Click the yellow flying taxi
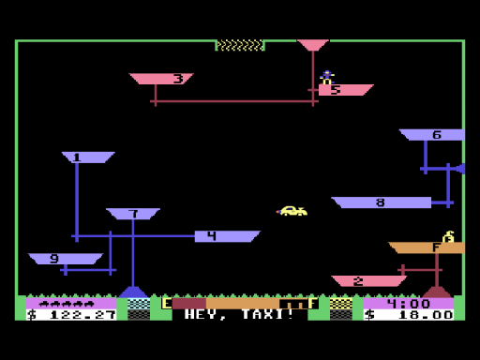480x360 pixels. [292, 211]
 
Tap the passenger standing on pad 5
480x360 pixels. [326, 78]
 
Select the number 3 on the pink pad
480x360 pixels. [178, 79]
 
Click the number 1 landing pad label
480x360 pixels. [77, 157]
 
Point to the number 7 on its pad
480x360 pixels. [134, 214]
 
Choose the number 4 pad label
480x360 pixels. [212, 236]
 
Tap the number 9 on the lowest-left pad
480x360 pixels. [54, 259]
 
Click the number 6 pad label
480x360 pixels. [437, 135]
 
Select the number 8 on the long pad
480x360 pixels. [381, 202]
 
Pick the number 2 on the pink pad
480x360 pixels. [358, 281]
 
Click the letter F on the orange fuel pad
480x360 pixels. [436, 247]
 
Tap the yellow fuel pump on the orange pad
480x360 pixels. [448, 236]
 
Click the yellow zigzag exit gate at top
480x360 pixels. [240, 45]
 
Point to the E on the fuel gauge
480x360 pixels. [167, 303]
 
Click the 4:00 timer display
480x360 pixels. [409, 303]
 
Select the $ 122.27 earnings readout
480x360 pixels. [71, 315]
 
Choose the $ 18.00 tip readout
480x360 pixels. [409, 315]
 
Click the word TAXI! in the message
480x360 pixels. [268, 314]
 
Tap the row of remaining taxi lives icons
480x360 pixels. [67, 303]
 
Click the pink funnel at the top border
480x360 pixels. [313, 45]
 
